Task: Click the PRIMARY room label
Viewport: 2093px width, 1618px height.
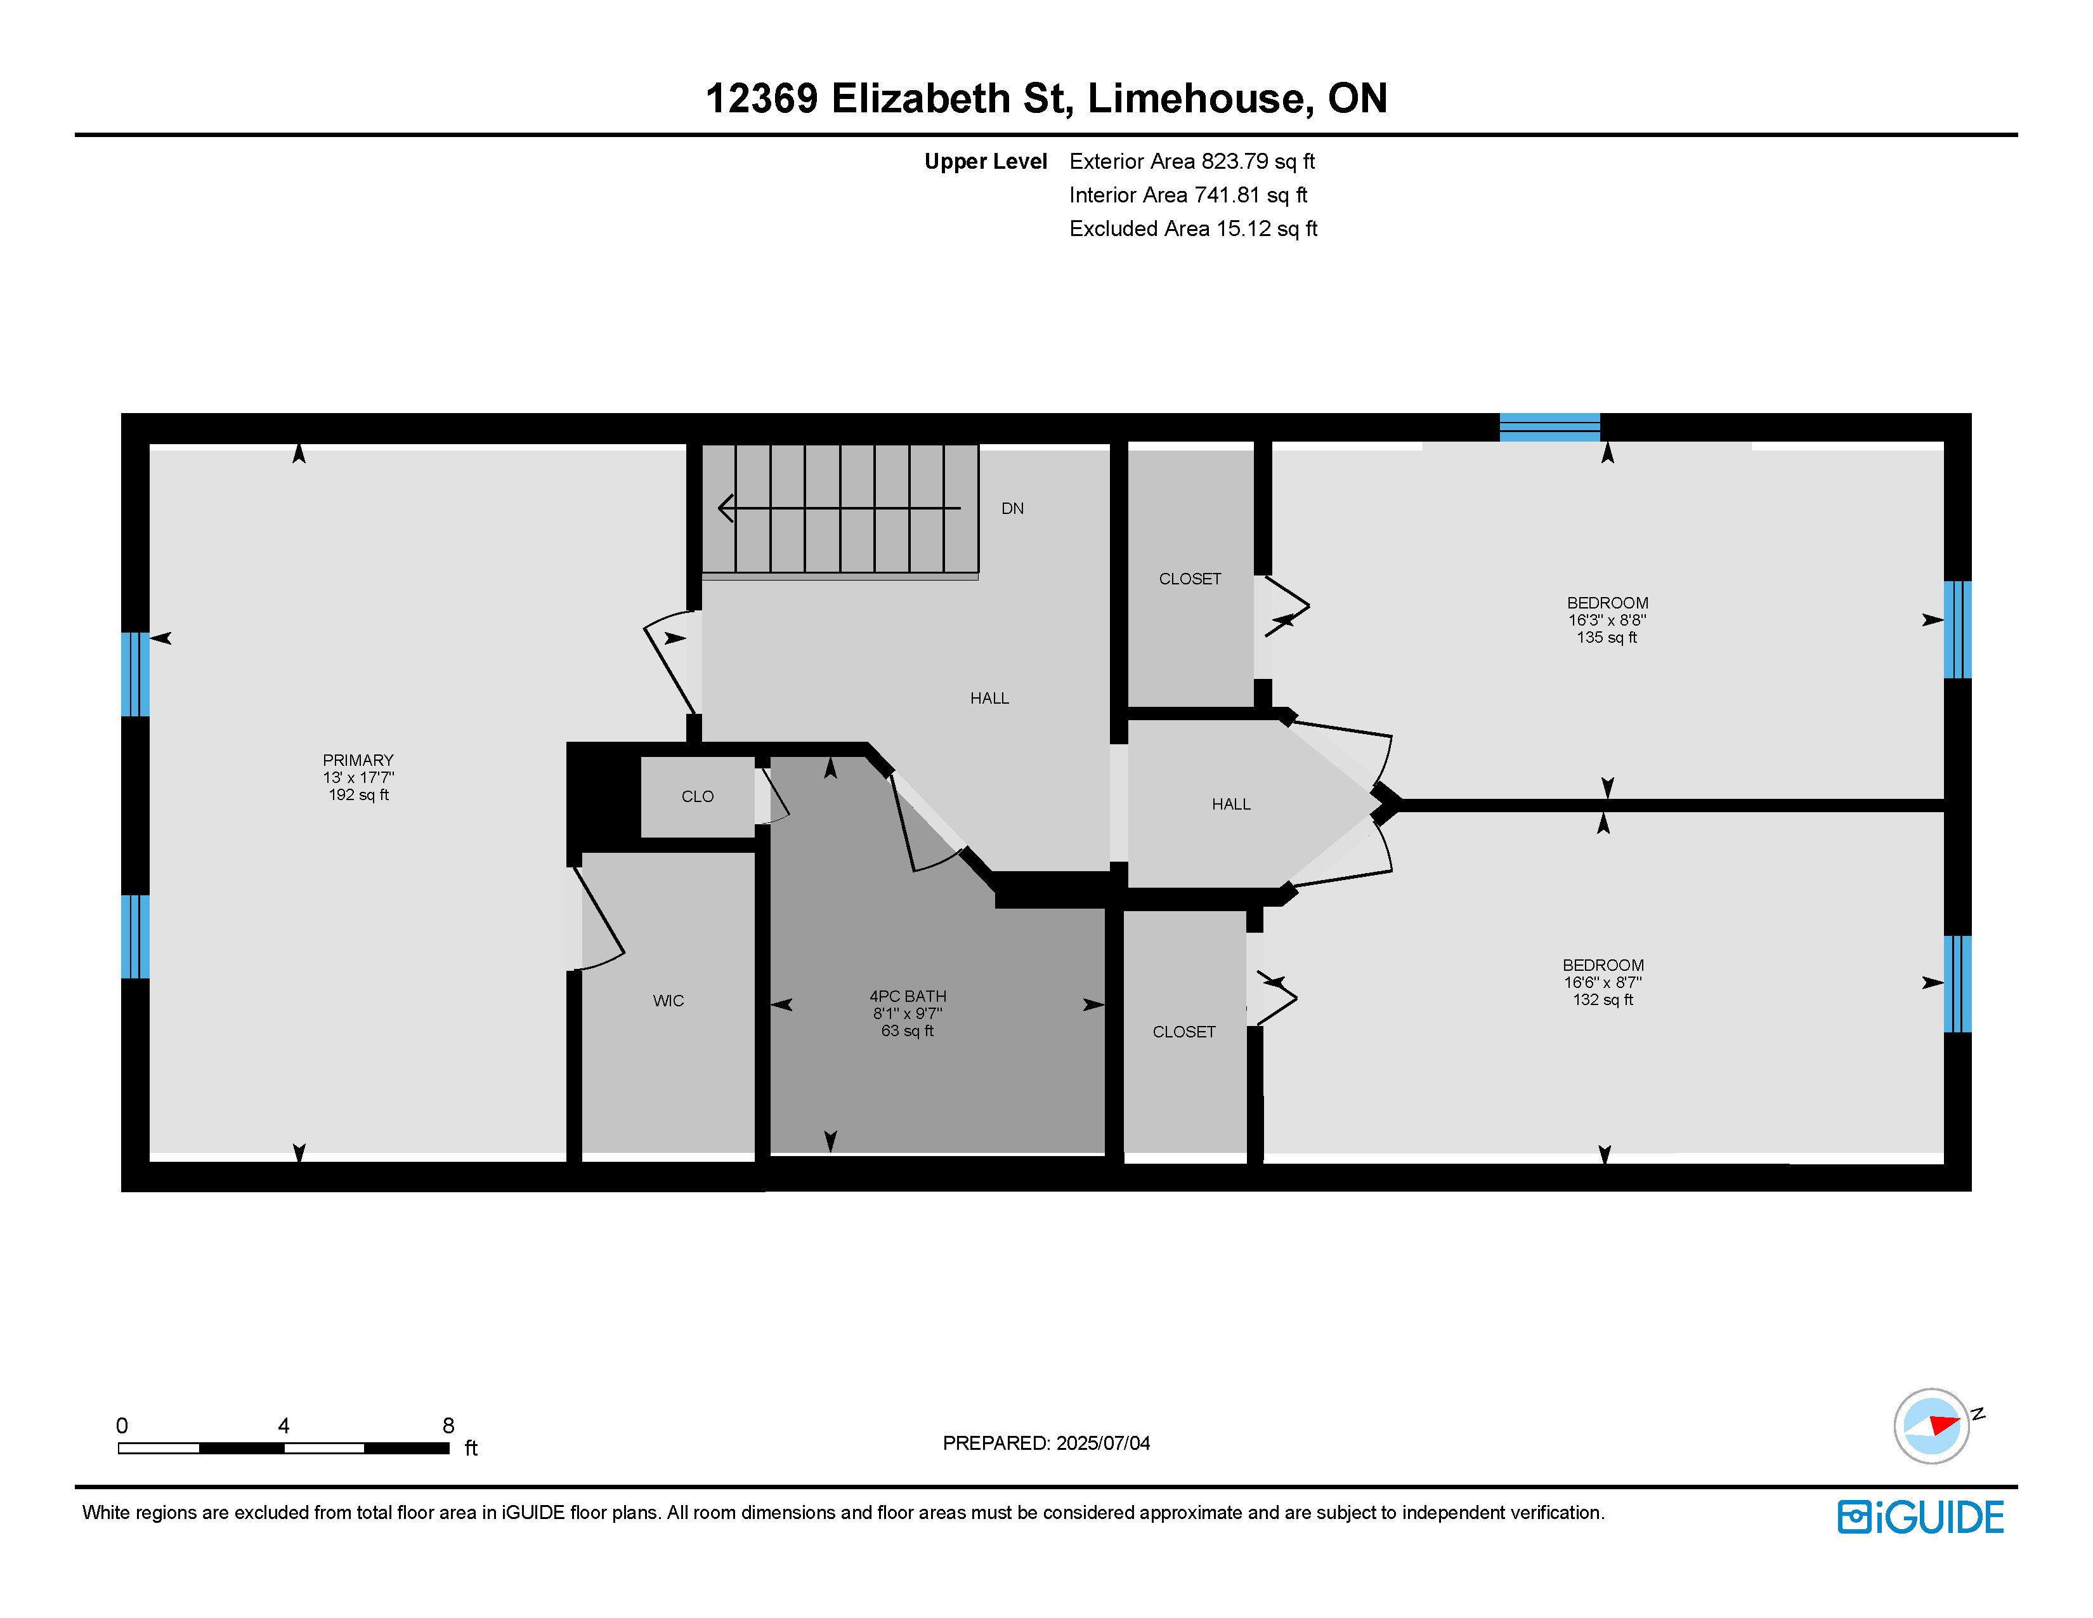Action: (x=358, y=760)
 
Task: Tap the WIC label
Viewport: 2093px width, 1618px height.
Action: (x=668, y=1001)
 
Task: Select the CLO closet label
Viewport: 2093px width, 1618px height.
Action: (x=698, y=796)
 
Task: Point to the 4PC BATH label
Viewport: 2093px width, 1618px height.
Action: (x=908, y=996)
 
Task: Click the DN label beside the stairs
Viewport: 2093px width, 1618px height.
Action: (x=1012, y=509)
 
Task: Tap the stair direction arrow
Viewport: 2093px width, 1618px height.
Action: (x=838, y=508)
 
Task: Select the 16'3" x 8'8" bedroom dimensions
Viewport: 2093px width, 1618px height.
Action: (x=1607, y=620)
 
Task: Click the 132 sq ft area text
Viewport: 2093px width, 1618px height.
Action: (x=1602, y=1000)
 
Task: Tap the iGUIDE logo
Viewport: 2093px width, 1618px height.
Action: (x=1920, y=1517)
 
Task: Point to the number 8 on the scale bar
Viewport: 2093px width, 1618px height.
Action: (x=448, y=1425)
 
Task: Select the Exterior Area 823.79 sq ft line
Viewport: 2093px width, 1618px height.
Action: (x=1192, y=162)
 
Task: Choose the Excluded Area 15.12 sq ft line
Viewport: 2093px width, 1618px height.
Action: (x=1193, y=229)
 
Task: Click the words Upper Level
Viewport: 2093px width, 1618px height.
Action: (x=985, y=162)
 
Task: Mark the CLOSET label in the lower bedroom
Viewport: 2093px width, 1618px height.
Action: (x=1183, y=1031)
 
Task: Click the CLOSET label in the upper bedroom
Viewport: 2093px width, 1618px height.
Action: (x=1189, y=579)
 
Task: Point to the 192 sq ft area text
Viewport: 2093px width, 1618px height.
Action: (x=358, y=794)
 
